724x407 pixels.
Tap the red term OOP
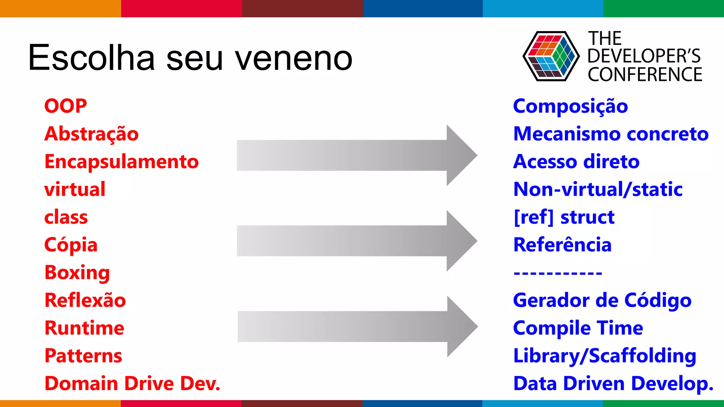65,106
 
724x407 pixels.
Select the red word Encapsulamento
121,161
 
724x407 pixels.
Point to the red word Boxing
77,273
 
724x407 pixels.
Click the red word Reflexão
85,300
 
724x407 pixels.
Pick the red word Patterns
83,356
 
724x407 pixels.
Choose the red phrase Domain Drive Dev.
132,384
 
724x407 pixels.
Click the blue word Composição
570,106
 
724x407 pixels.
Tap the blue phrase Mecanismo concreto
611,134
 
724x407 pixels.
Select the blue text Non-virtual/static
597,189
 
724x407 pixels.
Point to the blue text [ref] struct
564,217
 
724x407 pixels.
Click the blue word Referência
562,245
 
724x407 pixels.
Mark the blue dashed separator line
557,273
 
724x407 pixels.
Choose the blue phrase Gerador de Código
602,301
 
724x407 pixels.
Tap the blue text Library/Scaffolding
605,356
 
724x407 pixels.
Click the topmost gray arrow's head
460,155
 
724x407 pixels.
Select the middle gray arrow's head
460,241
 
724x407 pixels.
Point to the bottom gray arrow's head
460,326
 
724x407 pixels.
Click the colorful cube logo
551,56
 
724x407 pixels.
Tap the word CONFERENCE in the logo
645,75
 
